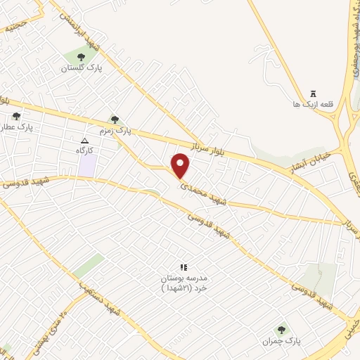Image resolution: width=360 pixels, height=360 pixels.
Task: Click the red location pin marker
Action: (x=181, y=166)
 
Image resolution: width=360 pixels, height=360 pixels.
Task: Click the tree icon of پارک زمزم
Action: (x=114, y=120)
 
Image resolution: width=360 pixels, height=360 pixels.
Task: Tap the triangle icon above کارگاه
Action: (x=85, y=140)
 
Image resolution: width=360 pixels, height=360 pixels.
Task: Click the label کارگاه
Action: (x=85, y=150)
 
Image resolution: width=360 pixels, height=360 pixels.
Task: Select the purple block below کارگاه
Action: (x=87, y=167)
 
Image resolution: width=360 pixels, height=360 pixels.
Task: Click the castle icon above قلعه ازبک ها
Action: (x=314, y=94)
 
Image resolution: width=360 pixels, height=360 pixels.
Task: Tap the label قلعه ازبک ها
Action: (x=314, y=105)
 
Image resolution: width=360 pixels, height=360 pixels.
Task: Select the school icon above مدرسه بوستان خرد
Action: (x=184, y=267)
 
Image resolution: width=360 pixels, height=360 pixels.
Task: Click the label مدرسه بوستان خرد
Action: (x=184, y=283)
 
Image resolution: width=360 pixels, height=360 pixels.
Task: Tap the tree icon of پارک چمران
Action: (x=281, y=329)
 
